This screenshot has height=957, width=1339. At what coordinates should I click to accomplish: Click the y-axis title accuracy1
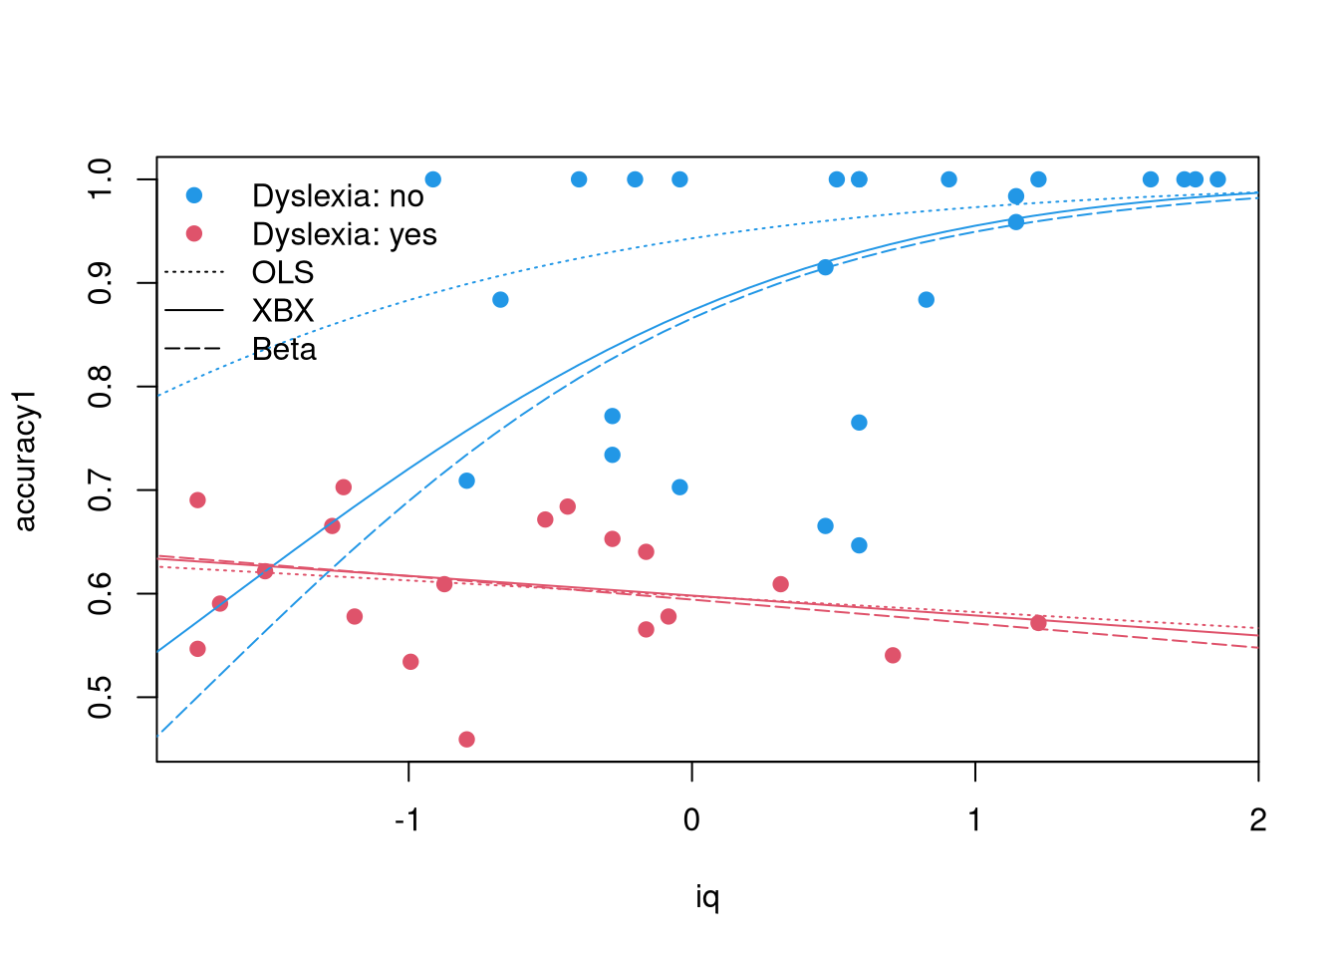point(25,462)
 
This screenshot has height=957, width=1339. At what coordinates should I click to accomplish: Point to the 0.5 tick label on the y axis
point(100,698)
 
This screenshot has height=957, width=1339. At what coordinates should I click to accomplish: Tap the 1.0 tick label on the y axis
point(100,178)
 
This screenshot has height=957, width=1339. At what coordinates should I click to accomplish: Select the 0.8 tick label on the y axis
point(100,387)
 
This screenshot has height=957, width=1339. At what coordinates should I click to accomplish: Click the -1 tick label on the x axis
point(408,819)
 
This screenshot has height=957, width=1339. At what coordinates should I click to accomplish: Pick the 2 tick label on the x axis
point(1258,819)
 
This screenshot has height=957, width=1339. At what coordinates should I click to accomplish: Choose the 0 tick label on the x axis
point(691,819)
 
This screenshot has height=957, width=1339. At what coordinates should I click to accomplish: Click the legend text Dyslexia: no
point(338,196)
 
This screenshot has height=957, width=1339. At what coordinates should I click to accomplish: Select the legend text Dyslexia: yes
point(345,234)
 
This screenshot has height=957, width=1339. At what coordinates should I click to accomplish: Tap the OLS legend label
point(283,273)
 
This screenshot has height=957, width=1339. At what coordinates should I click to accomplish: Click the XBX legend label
point(283,310)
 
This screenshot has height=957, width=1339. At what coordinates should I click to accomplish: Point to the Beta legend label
point(284,349)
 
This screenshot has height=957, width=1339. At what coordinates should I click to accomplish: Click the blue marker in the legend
point(194,195)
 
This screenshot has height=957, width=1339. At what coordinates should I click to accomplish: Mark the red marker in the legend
point(194,233)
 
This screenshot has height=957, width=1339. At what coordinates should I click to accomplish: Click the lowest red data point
point(467,740)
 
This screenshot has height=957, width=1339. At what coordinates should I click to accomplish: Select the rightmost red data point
point(1038,623)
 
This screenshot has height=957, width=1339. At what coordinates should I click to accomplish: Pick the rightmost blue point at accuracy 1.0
point(1217,178)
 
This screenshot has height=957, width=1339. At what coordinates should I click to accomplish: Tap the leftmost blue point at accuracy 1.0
point(433,178)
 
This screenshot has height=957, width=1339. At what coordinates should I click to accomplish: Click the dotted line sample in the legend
point(193,272)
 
